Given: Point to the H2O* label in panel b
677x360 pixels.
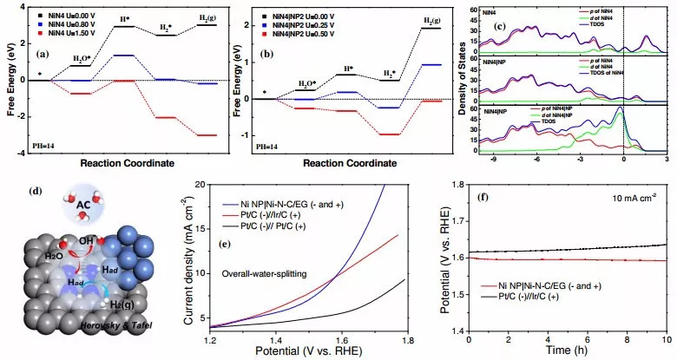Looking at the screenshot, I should click(308, 83).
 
